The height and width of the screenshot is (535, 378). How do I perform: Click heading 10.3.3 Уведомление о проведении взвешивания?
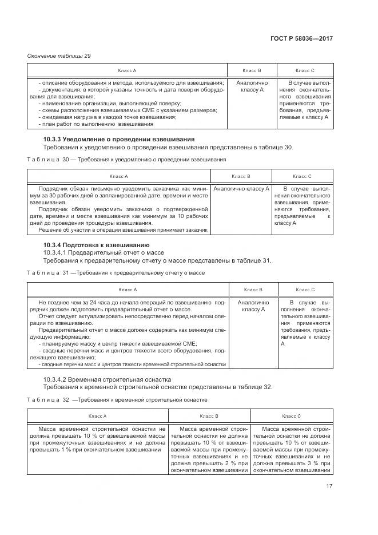(x=119, y=139)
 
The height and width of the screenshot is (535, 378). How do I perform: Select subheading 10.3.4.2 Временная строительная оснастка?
(x=106, y=379)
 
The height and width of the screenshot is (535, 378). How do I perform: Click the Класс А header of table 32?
(x=97, y=415)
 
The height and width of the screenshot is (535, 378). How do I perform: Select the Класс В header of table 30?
(x=241, y=176)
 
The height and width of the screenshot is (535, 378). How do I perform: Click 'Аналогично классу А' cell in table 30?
(x=241, y=188)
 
